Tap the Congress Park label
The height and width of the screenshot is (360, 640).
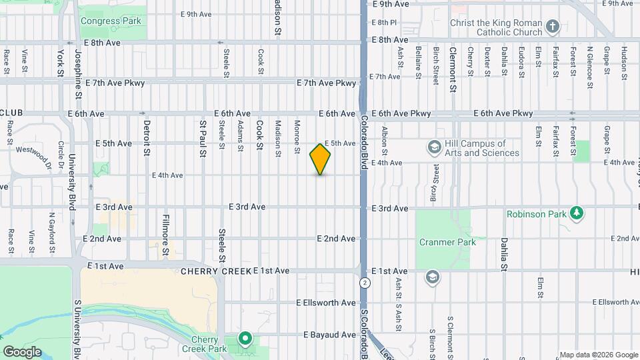(x=111, y=21)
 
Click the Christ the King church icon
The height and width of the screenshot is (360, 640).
(x=552, y=27)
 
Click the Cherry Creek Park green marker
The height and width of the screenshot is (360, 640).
(x=245, y=339)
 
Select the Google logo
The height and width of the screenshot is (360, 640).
(x=22, y=351)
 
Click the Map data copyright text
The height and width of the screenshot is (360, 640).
(x=597, y=355)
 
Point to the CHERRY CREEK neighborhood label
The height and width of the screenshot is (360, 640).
(x=215, y=271)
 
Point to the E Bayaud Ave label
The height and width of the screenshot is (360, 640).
(x=330, y=335)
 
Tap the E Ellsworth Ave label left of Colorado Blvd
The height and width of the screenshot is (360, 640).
(x=326, y=303)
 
